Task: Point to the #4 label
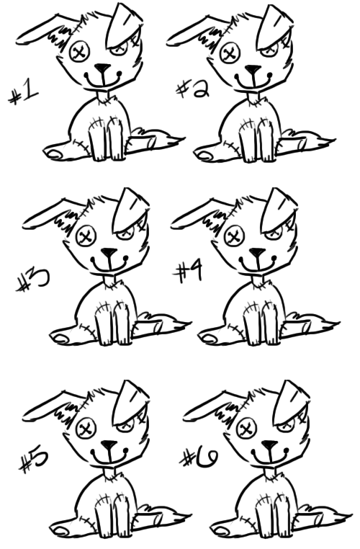pos(189,272)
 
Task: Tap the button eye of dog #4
pos(235,235)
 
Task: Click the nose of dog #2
pos(253,70)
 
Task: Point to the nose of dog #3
pos(109,254)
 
